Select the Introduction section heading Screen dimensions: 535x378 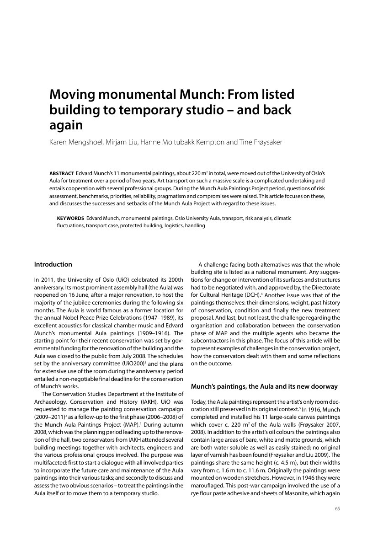coord(53,265)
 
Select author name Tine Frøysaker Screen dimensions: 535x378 coord(261,142)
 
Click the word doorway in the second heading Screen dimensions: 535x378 coord(323,387)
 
